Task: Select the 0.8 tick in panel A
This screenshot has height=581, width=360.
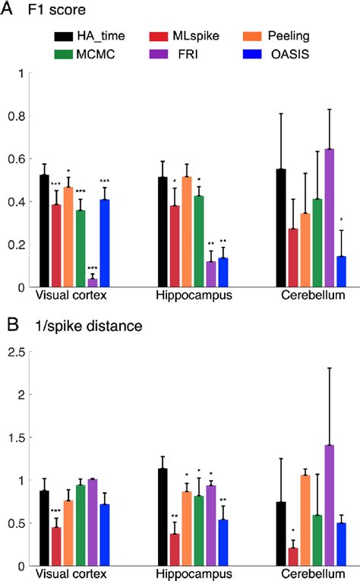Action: pos(15,116)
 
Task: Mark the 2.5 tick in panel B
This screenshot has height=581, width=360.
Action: pos(15,352)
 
